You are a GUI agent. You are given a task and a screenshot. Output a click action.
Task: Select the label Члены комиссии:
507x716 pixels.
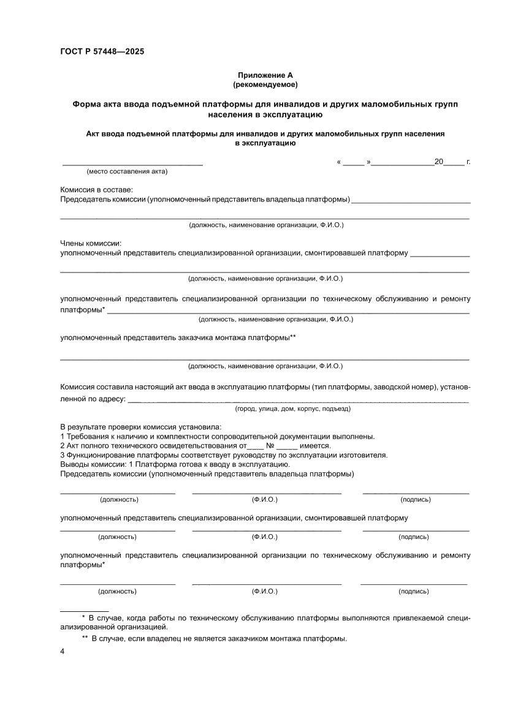(91, 243)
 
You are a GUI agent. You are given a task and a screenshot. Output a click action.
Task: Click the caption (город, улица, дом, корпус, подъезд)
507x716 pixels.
(293, 408)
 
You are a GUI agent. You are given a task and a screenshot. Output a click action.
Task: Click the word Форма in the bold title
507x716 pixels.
(88, 104)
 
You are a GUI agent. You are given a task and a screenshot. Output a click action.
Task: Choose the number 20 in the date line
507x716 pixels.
(438, 162)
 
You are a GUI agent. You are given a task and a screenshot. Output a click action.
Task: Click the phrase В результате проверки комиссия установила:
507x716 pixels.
(141, 427)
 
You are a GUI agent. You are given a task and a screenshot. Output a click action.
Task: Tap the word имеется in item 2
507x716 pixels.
(315, 446)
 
